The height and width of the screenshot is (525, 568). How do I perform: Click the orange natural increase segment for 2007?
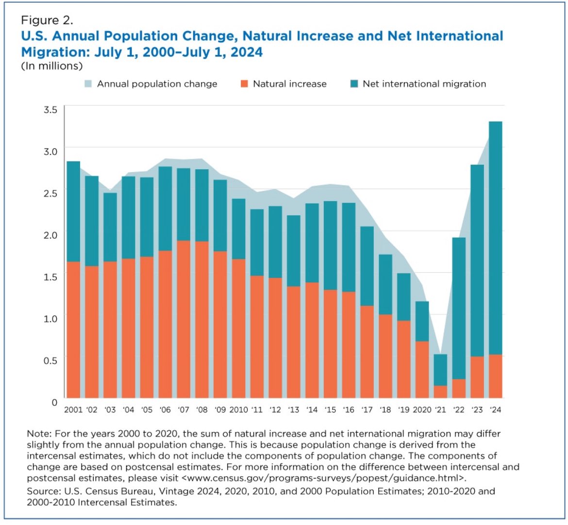pyautogui.click(x=184, y=319)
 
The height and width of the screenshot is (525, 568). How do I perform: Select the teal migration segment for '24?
pyautogui.click(x=495, y=238)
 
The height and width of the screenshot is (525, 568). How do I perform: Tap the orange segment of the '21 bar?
pyautogui.click(x=440, y=391)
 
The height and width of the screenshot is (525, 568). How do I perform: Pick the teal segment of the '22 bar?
pyautogui.click(x=459, y=308)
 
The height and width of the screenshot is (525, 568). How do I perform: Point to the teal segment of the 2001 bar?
pyautogui.click(x=73, y=211)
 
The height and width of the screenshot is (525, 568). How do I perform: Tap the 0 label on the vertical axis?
pyautogui.click(x=54, y=402)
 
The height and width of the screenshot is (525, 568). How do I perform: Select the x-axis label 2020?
pyautogui.click(x=422, y=410)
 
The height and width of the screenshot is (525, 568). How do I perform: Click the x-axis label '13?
pyautogui.click(x=293, y=410)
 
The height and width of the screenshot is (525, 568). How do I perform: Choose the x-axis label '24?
pyautogui.click(x=495, y=410)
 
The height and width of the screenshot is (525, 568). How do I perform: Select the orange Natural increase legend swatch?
pyautogui.click(x=244, y=84)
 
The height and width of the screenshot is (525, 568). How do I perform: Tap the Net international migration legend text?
pyautogui.click(x=424, y=84)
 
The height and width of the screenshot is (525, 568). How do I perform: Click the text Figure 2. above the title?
pyautogui.click(x=47, y=20)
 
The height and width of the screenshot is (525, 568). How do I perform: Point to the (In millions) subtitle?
pyautogui.click(x=51, y=66)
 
